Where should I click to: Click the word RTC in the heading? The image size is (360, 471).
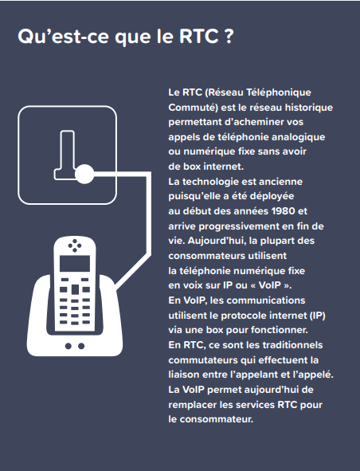[x=199, y=37]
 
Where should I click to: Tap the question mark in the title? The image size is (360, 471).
[x=229, y=37]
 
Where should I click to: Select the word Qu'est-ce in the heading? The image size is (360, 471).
[x=63, y=37]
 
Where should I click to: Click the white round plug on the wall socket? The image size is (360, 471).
[x=84, y=174]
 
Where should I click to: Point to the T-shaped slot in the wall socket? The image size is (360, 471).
[x=65, y=155]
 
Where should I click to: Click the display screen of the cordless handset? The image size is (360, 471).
[x=75, y=264]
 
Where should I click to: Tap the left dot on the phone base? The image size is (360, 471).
[x=68, y=346]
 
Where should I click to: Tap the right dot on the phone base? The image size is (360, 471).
[x=81, y=346]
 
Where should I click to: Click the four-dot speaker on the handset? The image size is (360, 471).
[x=75, y=245]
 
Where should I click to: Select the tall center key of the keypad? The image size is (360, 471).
[x=75, y=289]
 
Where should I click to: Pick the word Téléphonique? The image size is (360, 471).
[x=279, y=92]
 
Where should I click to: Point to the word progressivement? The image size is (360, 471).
[x=239, y=226]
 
